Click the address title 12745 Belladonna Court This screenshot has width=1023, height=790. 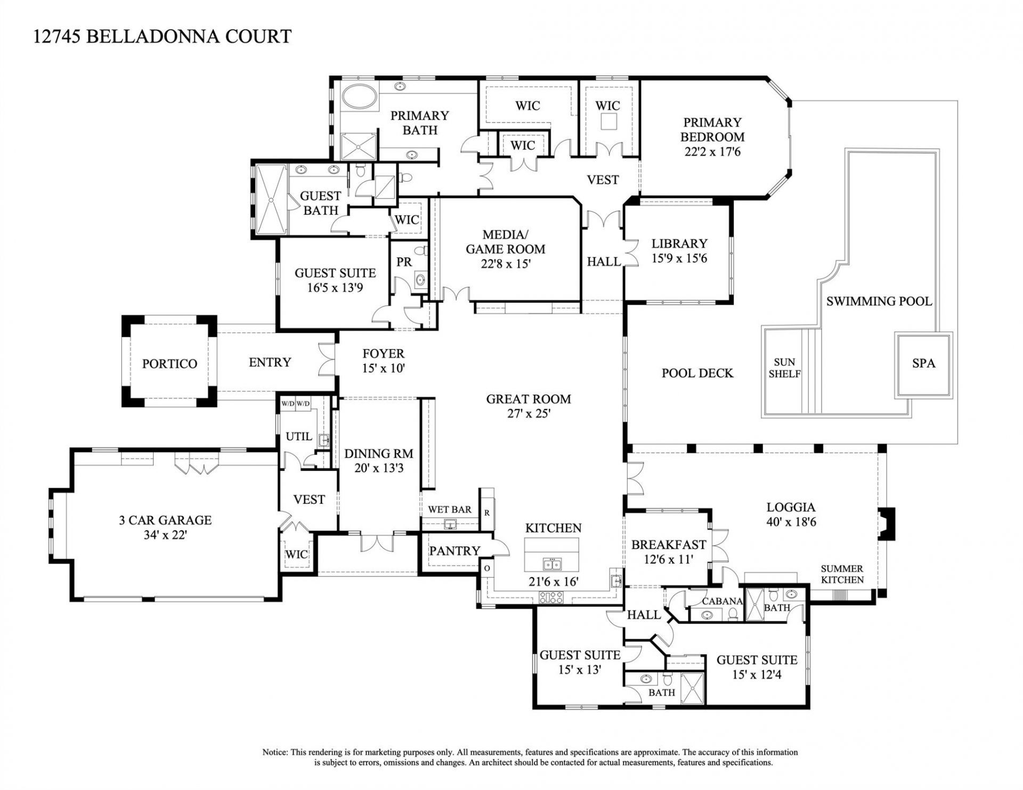(x=163, y=36)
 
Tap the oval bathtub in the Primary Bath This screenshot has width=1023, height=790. (x=359, y=97)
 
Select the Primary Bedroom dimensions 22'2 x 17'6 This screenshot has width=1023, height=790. (x=713, y=152)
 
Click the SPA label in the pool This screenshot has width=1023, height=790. (x=923, y=363)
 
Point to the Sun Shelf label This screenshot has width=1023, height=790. (x=784, y=368)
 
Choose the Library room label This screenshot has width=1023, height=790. (x=679, y=243)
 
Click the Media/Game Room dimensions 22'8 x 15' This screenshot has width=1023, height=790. (x=505, y=263)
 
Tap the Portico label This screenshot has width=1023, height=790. (x=169, y=364)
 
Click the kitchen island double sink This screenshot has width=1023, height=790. (x=552, y=564)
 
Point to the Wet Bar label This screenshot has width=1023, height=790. (x=450, y=509)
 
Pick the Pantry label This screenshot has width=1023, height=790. (x=454, y=551)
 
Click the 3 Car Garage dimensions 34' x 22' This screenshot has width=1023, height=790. (x=165, y=535)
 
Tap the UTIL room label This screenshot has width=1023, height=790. (x=298, y=436)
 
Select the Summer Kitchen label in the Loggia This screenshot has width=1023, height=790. (x=842, y=574)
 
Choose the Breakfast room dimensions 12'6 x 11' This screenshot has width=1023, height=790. (x=668, y=560)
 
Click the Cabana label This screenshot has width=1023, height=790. (x=722, y=601)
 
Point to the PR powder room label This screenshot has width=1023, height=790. (x=404, y=262)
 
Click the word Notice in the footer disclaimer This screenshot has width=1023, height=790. (x=274, y=753)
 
